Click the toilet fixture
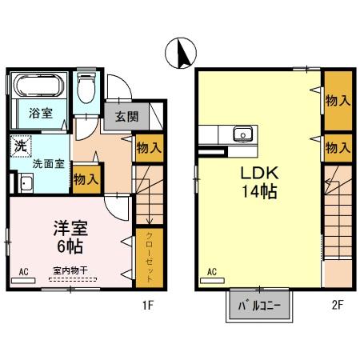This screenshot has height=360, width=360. pyautogui.click(x=87, y=89)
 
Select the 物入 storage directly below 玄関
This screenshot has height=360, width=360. pyautogui.click(x=148, y=148)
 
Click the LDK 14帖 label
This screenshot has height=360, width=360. pyautogui.click(x=257, y=182)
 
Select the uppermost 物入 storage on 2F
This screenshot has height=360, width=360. pyautogui.click(x=337, y=102)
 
